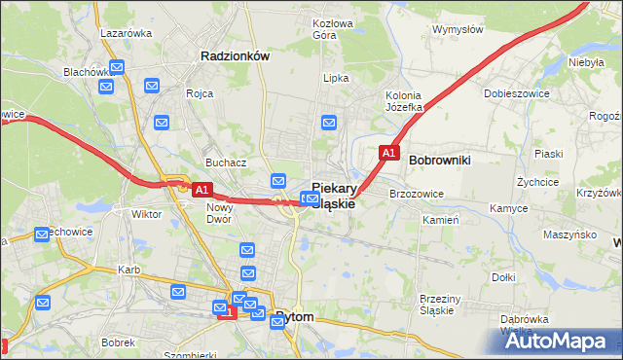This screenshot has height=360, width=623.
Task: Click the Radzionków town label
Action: point(234,56)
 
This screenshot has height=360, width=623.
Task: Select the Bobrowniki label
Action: point(440,159)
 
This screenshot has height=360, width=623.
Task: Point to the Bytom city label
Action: point(295,316)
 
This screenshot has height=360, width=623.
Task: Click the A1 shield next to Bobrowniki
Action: point(387,153)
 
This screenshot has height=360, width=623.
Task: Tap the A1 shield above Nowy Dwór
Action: point(202,190)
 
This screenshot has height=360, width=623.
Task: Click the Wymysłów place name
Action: point(458,29)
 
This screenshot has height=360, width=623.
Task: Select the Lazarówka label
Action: point(127,32)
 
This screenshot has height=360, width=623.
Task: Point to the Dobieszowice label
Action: point(512,94)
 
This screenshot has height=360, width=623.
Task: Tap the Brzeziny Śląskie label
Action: point(444,305)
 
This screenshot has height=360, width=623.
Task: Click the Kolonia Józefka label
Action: point(403,101)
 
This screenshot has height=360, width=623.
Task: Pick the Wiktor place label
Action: point(146,213)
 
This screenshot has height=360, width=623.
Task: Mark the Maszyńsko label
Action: point(569,234)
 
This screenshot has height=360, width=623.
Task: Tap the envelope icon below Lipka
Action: point(329,123)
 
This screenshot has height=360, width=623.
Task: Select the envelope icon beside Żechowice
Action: point(42,234)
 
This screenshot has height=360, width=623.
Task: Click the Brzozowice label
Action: point(417,194)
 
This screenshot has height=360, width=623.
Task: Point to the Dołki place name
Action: point(503,277)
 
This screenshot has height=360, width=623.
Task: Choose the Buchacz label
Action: point(224,162)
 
